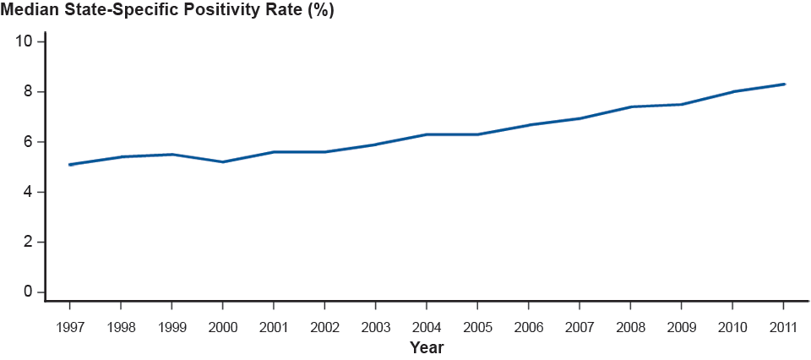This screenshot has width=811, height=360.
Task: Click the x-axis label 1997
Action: pos(69,326)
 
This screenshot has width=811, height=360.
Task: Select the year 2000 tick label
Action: pos(222,326)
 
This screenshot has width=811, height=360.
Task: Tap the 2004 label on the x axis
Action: pos(426,326)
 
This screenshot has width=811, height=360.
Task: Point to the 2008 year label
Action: pos(630,326)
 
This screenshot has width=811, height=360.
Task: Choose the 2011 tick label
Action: pos(783,326)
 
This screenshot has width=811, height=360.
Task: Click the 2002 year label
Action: pos(324,326)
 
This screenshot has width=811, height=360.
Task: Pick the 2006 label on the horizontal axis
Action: pos(528,326)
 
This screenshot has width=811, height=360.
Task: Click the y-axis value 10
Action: pos(24,41)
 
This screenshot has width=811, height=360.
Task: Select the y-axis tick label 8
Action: pos(28,91)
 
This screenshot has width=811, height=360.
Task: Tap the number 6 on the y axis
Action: pos(28,142)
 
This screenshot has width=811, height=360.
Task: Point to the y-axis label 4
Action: pos(28,192)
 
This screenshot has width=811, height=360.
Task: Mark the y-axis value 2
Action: pos(28,243)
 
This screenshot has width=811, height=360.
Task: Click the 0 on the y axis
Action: pos(28,292)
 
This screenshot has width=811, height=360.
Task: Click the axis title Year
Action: pos(427,347)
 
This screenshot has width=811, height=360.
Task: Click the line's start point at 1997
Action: pos(69,165)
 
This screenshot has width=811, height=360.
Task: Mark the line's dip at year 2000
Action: pos(222,162)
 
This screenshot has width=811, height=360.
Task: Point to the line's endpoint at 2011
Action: pos(785,84)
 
